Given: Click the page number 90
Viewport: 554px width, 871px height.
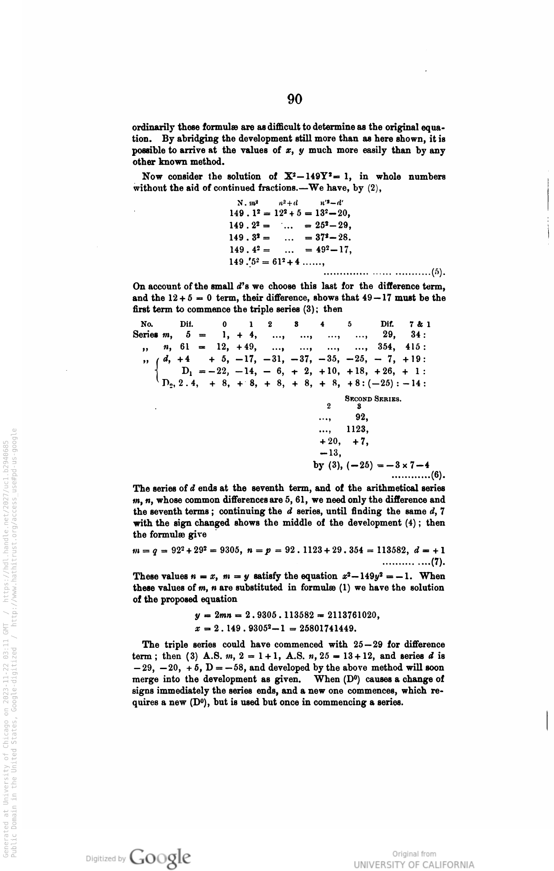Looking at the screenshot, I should pos(294,99).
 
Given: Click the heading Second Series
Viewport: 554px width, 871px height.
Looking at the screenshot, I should pos(373,399).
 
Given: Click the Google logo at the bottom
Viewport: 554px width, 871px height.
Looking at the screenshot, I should pos(161,858).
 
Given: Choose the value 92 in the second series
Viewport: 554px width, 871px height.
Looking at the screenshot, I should pos(362,417).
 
